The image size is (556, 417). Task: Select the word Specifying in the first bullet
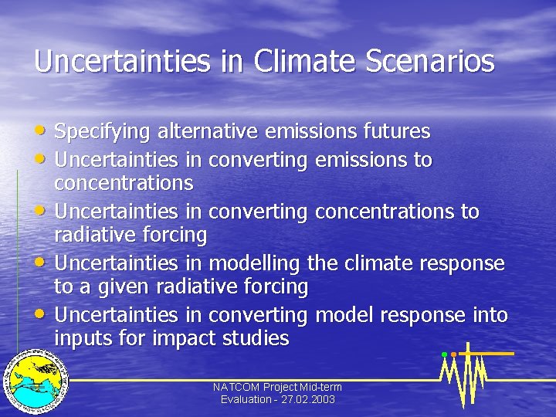[103, 133]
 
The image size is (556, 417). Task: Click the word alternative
[208, 132]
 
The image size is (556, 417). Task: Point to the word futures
[397, 132]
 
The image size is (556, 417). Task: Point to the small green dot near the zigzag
[444, 354]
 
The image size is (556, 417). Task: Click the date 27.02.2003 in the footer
[309, 399]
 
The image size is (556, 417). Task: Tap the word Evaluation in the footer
[246, 399]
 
